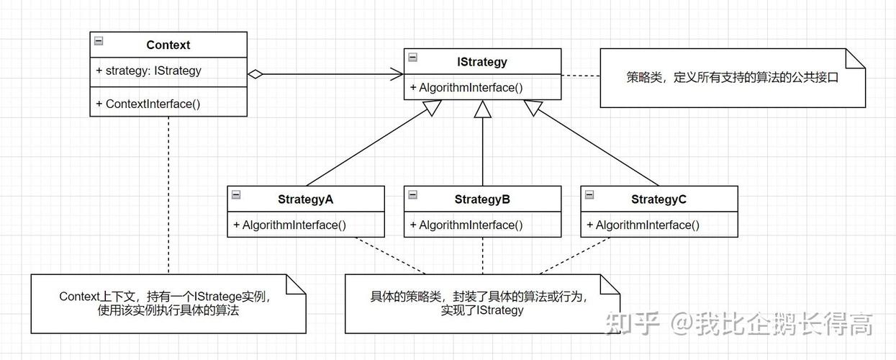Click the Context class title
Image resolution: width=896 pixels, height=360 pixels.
[168, 45]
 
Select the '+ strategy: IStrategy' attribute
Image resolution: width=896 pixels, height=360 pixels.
[148, 71]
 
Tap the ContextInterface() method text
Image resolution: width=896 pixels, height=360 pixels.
[148, 104]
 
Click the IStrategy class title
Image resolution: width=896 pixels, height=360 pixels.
[482, 62]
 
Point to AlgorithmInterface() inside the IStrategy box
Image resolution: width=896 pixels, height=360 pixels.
[466, 88]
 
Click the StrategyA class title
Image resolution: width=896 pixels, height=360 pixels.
[305, 199]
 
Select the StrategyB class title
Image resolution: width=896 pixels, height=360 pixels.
[482, 199]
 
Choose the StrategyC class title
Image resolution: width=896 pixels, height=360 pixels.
[659, 199]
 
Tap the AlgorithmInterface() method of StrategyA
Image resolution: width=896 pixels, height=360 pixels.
[290, 225]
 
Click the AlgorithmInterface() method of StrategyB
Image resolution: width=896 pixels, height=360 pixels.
[466, 225]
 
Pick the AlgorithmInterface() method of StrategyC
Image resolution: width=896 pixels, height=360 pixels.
[643, 225]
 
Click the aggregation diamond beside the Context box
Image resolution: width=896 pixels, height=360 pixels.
[255, 73]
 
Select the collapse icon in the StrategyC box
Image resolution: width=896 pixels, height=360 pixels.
[589, 194]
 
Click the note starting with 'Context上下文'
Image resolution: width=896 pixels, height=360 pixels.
[169, 304]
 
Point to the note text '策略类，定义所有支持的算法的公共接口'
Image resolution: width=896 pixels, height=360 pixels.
[733, 78]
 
